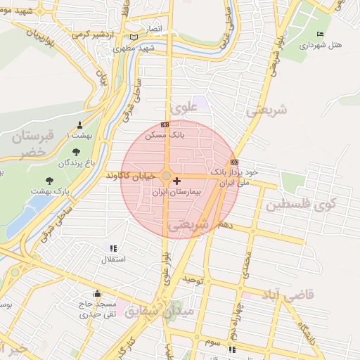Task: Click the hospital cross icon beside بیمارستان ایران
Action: (176, 181)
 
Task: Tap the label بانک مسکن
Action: (165, 134)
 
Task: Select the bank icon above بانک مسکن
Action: (165, 124)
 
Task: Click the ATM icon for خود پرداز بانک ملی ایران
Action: (234, 162)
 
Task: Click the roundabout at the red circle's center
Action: (167, 176)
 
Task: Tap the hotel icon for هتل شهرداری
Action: (321, 34)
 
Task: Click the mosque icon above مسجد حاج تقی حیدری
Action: (97, 293)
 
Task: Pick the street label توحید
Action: (193, 280)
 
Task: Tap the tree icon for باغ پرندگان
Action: (76, 151)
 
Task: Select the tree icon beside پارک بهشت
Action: (49, 180)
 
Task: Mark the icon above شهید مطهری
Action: (134, 37)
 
